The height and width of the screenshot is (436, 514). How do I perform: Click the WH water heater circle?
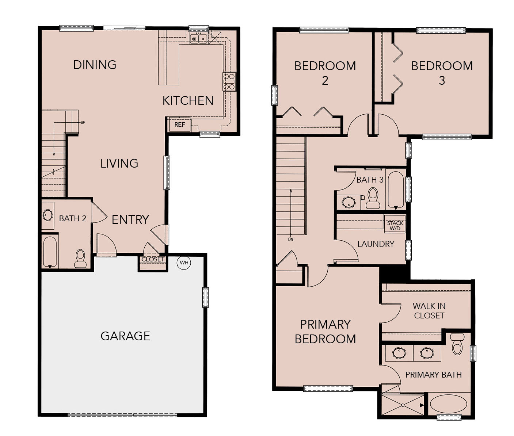click(x=184, y=263)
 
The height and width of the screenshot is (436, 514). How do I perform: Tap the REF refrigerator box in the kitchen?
click(x=180, y=125)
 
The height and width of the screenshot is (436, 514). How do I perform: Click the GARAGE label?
click(x=125, y=336)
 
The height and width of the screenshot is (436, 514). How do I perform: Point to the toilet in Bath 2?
click(x=80, y=259)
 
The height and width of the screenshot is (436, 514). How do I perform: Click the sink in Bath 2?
click(x=47, y=215)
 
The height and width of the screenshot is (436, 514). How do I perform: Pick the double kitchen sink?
click(x=198, y=39)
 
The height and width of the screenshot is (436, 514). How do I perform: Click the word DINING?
click(x=95, y=65)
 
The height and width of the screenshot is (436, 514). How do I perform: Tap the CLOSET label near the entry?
click(x=153, y=259)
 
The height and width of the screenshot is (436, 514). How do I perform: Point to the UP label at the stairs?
click(x=83, y=123)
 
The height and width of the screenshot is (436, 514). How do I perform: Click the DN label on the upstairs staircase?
click(x=291, y=240)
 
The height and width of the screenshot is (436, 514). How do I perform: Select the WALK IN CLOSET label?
click(x=429, y=311)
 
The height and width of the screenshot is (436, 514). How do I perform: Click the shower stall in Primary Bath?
click(x=403, y=405)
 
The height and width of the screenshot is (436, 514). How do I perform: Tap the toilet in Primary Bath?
click(x=457, y=344)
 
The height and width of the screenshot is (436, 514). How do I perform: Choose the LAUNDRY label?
click(x=376, y=244)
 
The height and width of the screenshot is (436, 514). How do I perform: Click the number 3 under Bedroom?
click(x=442, y=81)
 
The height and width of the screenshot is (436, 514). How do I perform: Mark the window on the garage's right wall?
click(x=205, y=297)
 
